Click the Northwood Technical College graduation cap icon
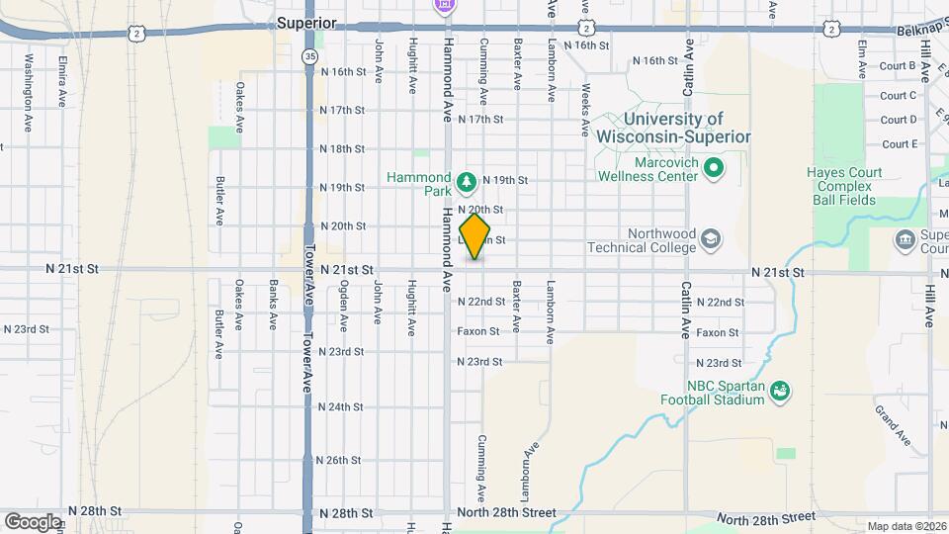tap(710, 240)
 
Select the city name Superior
tap(306, 23)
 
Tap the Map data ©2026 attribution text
tap(906, 526)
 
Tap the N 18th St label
tap(342, 148)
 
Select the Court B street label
tap(899, 66)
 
